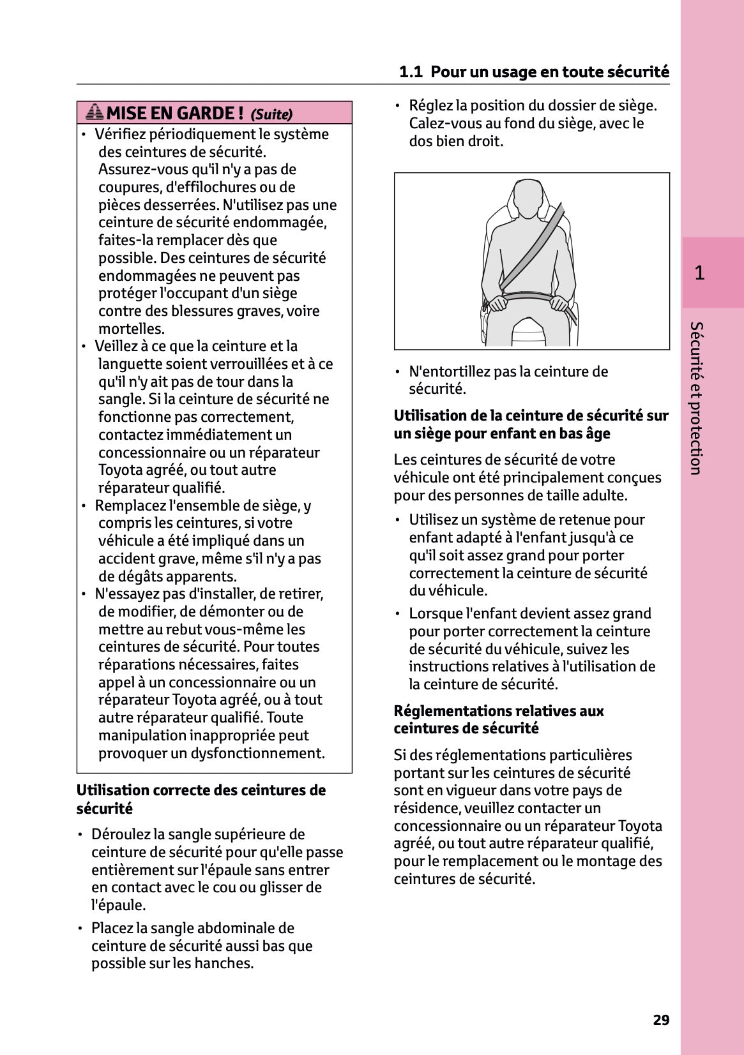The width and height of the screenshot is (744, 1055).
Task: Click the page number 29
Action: pyautogui.click(x=661, y=1020)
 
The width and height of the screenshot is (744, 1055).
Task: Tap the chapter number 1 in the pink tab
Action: pyautogui.click(x=699, y=273)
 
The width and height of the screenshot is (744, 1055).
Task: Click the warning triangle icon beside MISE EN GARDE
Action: pyautogui.click(x=94, y=112)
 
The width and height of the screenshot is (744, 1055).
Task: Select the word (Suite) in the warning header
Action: pyautogui.click(x=271, y=115)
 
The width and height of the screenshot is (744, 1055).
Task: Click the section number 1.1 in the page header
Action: pyautogui.click(x=411, y=72)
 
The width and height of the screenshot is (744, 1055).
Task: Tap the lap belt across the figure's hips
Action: pyautogui.click(x=527, y=297)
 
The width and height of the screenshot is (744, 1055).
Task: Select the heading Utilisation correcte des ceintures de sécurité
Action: pyautogui.click(x=201, y=799)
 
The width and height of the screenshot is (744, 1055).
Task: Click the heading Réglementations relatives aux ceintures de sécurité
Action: pyautogui.click(x=498, y=719)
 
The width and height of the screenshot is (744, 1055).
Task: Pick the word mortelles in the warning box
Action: pyautogui.click(x=131, y=329)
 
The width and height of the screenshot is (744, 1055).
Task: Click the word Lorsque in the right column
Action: pyautogui.click(x=436, y=613)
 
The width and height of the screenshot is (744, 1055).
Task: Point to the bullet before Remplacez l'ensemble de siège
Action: pyautogui.click(x=84, y=505)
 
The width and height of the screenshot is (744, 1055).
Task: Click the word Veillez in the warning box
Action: pyautogui.click(x=116, y=346)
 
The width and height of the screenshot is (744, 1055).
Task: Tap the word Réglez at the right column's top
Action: pyautogui.click(x=430, y=105)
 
